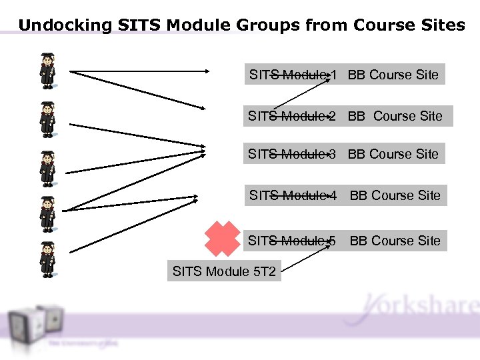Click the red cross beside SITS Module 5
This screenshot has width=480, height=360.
[222, 239]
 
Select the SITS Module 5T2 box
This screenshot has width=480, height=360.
[224, 271]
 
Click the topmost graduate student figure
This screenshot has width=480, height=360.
[47, 70]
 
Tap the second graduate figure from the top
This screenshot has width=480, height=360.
[47, 119]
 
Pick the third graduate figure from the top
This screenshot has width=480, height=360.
[47, 167]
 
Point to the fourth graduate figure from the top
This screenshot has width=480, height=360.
[47, 213]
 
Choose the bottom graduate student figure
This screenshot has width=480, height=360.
[47, 259]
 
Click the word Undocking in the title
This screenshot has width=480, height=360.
[65, 26]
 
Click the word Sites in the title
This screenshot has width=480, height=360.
[443, 26]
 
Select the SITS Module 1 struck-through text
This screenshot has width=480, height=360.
[293, 75]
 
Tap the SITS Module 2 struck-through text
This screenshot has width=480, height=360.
[291, 116]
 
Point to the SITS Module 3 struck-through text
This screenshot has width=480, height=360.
[291, 154]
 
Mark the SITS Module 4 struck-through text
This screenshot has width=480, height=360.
[293, 195]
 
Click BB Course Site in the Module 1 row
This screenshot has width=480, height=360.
[393, 75]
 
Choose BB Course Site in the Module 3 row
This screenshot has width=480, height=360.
[393, 154]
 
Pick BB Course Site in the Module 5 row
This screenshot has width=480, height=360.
[395, 241]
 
